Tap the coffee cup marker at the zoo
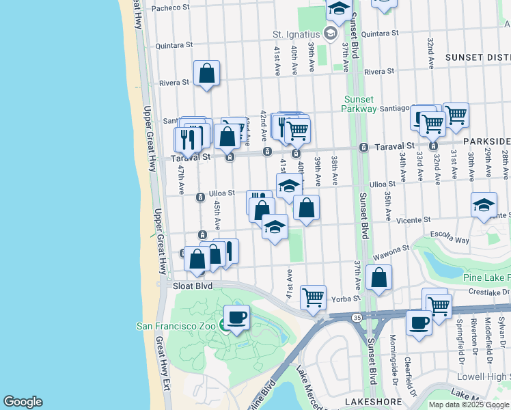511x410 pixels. coord(236,318)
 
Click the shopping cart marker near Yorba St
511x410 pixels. coord(313,297)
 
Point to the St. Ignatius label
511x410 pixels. coord(296,33)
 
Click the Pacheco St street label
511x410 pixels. coord(171,8)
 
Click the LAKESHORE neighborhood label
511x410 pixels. coord(370,402)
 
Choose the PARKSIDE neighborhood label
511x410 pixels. coord(486,141)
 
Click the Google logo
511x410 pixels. coord(23,402)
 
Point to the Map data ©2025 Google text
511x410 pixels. coord(469,405)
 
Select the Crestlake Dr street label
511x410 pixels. coord(486,292)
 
